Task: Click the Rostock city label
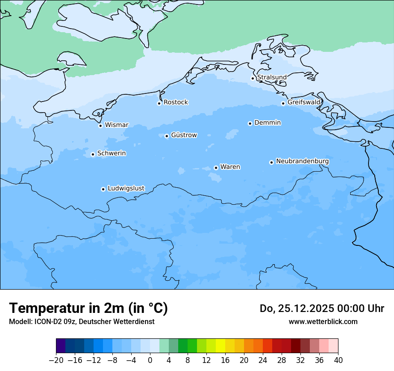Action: coord(176,102)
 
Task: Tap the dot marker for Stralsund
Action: coord(253,78)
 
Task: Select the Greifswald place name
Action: coord(304,102)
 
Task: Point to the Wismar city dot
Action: coord(100,126)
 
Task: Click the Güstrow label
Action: coord(184,135)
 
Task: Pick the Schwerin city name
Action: coord(111,153)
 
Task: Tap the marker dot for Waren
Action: coord(216,168)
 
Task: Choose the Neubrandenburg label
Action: coord(302,161)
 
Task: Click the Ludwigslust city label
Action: coord(126,188)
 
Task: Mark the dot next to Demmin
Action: coord(250,123)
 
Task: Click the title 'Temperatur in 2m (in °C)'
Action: coord(88,308)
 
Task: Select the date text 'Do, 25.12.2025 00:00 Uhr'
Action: coord(321,308)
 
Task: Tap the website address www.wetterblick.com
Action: coord(323,321)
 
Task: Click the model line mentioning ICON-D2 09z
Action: coord(81,321)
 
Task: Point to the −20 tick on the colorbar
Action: coord(56,360)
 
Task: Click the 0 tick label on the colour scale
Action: coord(150,360)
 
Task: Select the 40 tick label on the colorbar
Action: coord(338,360)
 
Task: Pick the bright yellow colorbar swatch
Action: coord(220,346)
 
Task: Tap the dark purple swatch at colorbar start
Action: coord(61,346)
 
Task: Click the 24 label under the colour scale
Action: coord(263,360)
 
